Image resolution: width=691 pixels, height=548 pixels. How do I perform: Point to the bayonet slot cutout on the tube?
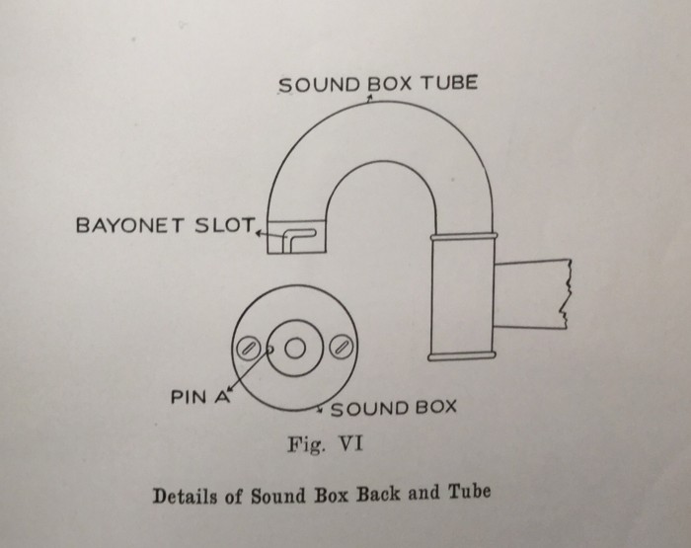[294, 238]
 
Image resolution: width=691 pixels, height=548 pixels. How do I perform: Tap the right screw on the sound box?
[342, 347]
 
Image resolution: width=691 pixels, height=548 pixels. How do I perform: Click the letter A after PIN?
[222, 399]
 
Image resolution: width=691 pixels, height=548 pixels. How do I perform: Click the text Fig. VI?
[325, 443]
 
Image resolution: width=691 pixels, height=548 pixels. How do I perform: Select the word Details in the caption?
[190, 492]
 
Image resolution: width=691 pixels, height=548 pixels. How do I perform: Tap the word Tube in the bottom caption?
[469, 491]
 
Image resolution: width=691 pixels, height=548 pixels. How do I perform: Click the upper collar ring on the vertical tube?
[463, 240]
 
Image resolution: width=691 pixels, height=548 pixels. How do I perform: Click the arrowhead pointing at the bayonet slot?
[259, 234]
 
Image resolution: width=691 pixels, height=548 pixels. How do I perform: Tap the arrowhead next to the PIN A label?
[233, 389]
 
